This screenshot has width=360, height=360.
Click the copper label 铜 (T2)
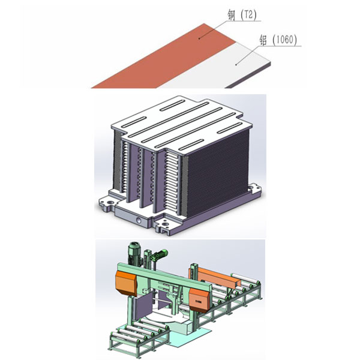[242, 15]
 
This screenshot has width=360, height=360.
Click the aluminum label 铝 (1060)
[278, 40]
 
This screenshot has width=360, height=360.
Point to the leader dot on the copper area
[199, 38]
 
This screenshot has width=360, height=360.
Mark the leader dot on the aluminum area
[236, 65]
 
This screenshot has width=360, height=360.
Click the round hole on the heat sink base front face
[139, 220]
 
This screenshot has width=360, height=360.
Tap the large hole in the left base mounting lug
[110, 203]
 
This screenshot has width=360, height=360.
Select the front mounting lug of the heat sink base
[164, 226]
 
